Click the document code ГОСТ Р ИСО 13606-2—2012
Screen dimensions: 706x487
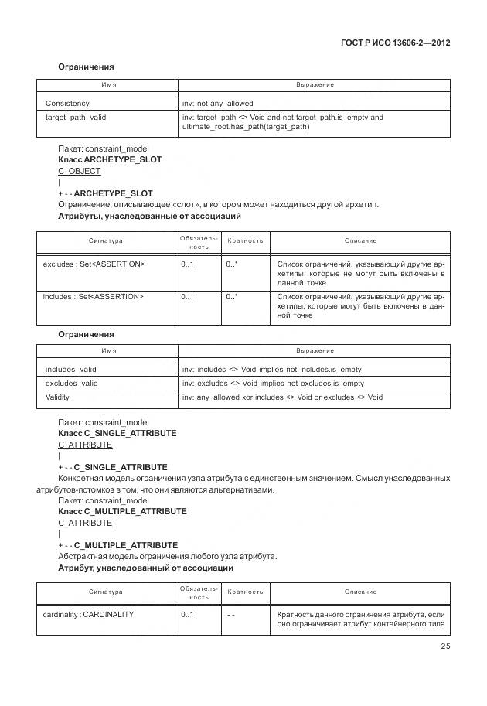[394, 42]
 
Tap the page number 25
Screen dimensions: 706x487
[445, 646]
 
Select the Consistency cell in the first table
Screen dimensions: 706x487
[67, 103]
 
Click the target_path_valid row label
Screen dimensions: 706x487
[76, 118]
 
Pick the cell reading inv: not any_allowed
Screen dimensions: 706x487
[217, 103]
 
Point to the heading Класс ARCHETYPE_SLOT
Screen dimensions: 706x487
[110, 159]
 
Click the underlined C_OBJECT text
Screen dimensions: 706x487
[80, 171]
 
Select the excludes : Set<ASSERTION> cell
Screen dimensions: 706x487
[94, 264]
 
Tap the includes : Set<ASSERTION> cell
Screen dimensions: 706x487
[94, 296]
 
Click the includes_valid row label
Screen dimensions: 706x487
[71, 370]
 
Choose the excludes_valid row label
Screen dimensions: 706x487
[72, 384]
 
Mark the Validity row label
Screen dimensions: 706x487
[58, 397]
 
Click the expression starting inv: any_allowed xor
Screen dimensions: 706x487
[282, 397]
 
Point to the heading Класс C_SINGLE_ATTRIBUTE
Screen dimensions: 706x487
[117, 433]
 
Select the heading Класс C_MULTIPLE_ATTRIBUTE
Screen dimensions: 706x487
[122, 511]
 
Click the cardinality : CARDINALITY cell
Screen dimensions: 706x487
[88, 615]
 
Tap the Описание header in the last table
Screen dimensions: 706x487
[360, 592]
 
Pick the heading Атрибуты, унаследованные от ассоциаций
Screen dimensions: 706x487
[150, 217]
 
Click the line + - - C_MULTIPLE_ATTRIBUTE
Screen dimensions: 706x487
[117, 545]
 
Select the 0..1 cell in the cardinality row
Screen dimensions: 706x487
[187, 615]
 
